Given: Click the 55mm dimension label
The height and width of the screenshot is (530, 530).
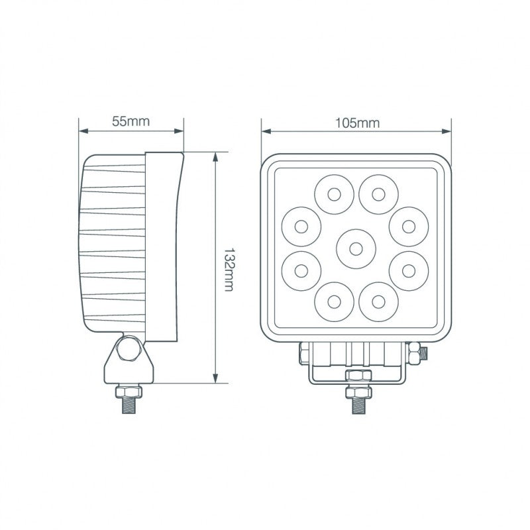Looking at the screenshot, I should coord(131,121).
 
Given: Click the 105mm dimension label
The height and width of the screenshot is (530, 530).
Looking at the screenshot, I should coord(356,123).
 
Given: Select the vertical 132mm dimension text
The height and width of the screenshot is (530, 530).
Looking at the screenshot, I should coord(229,269).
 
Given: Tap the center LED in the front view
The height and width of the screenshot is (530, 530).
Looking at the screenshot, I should coord(356,249).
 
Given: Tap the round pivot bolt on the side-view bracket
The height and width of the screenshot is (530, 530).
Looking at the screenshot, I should coord(128,350).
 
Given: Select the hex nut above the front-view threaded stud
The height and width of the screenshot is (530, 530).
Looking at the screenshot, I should coord(356,377).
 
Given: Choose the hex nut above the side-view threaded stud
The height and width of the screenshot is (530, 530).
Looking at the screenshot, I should coord(128,390).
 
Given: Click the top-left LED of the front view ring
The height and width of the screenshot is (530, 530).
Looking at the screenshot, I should coord(333,194).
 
